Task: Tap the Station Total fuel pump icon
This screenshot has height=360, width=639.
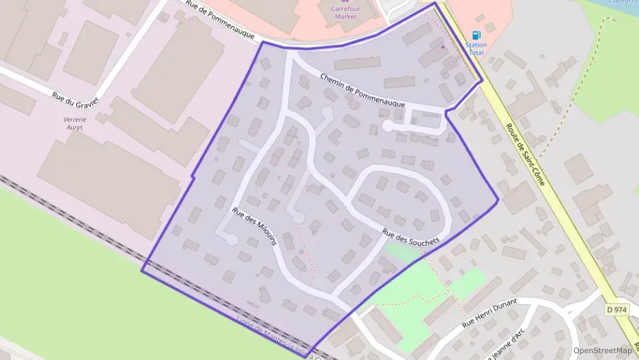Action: (476, 35)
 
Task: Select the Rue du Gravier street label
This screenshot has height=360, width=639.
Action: (75, 91)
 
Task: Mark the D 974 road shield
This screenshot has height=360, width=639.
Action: (616, 309)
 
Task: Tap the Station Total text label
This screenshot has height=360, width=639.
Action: (476, 49)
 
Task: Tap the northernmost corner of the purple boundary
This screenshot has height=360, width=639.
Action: (435, 3)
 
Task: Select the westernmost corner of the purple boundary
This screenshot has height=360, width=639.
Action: (142, 271)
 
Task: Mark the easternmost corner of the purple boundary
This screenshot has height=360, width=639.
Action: (498, 199)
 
